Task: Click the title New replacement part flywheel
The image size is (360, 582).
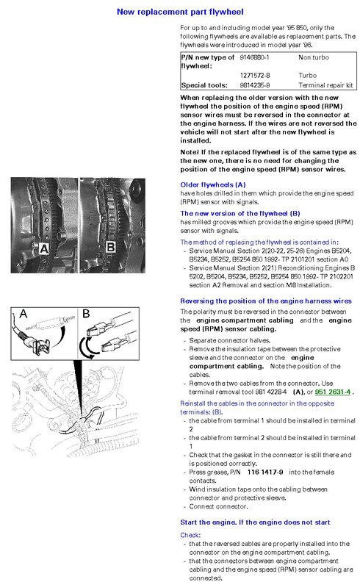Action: coord(180,12)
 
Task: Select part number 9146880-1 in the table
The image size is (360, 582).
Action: coord(254,57)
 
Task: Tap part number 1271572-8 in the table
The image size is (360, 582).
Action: coord(255,76)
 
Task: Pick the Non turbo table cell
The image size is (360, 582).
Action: coord(314,57)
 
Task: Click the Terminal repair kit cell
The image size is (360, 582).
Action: coord(325,85)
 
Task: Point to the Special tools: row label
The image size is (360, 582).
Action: coord(204,85)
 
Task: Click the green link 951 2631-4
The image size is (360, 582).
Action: coord(333,392)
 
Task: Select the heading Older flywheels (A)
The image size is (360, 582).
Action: coord(213,185)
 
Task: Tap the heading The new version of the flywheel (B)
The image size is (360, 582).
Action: coord(240,213)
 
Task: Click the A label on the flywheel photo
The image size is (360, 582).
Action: coord(44,248)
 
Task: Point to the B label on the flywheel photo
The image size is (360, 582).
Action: coord(110,247)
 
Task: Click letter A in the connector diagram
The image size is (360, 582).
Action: coord(23,314)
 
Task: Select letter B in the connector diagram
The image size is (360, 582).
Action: coord(86,314)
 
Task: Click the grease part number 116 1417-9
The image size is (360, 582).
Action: coord(265,472)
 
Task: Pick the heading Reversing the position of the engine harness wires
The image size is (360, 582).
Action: coord(266,301)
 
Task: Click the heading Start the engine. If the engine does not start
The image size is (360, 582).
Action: coord(255,522)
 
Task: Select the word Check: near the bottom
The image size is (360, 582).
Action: coord(190,535)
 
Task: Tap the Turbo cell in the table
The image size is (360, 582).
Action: coord(308,76)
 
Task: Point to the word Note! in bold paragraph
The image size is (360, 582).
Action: coord(190,152)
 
